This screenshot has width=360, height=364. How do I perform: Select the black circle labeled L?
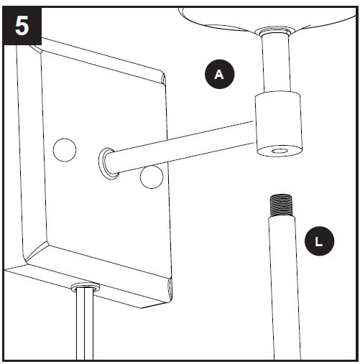(x=319, y=242)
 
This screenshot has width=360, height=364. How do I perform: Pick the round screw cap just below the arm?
(x=152, y=177)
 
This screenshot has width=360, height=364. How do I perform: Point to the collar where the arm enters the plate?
(x=107, y=162)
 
